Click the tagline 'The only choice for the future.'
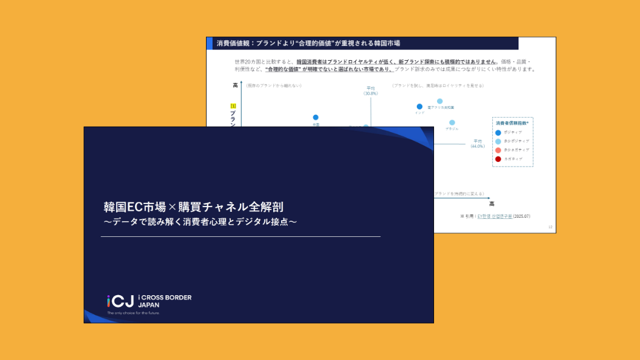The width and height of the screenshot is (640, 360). click(x=133, y=313)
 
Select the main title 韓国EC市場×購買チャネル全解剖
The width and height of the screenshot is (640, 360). click(x=193, y=207)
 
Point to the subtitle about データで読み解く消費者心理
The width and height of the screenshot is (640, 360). click(x=200, y=222)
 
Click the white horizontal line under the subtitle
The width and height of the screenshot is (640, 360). click(x=241, y=237)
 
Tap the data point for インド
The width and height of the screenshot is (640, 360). click(x=420, y=107)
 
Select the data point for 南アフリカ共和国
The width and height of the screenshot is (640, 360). click(x=440, y=101)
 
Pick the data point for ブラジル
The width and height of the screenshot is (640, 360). click(x=452, y=123)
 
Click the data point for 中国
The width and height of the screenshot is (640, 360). click(x=316, y=117)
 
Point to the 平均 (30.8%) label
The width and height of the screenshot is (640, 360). click(x=371, y=90)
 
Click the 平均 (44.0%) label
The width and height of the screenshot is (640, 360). click(x=477, y=143)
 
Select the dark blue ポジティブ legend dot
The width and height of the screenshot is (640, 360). click(x=498, y=132)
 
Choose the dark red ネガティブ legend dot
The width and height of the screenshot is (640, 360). click(x=498, y=159)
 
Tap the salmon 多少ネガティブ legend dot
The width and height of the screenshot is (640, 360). click(x=498, y=150)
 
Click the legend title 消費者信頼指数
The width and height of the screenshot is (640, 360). click(x=512, y=123)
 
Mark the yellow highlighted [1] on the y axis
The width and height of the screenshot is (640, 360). click(x=233, y=106)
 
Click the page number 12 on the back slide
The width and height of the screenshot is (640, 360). click(x=550, y=227)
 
